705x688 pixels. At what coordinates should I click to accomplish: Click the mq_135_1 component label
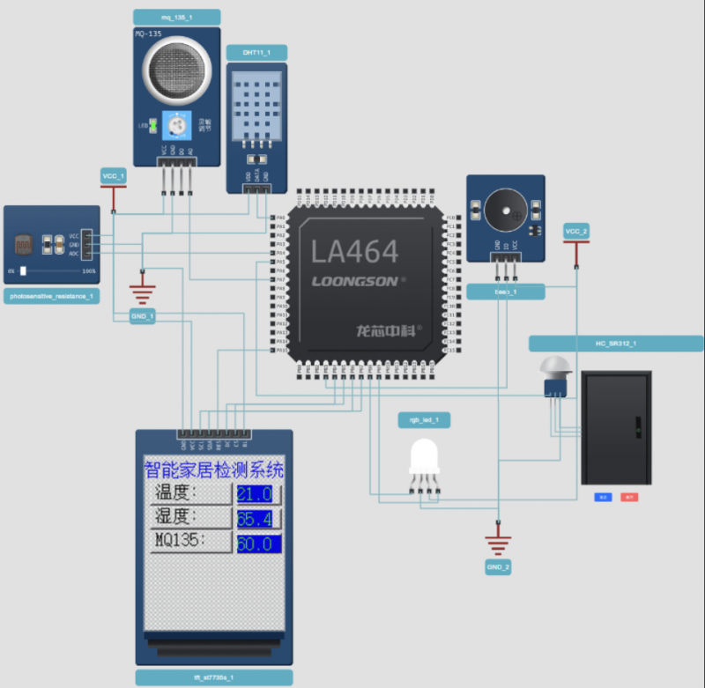[x=177, y=17]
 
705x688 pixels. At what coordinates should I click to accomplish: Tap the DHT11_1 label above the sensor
[x=256, y=53]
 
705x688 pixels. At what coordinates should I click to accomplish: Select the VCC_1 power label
[x=114, y=177]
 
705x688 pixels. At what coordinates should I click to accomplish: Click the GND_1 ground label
[x=142, y=316]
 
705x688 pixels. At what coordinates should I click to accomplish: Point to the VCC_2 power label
[x=576, y=231]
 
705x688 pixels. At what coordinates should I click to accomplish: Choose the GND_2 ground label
[x=498, y=567]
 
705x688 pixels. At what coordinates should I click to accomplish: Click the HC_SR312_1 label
[x=616, y=344]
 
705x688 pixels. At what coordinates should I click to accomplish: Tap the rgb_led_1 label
[x=424, y=420]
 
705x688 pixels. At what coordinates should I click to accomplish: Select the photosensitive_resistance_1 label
[x=52, y=296]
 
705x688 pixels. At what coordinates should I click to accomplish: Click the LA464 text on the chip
[x=354, y=252]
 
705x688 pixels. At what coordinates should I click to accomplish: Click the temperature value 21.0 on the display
[x=257, y=493]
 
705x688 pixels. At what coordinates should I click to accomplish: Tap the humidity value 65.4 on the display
[x=257, y=518]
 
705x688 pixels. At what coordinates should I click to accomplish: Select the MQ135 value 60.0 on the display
[x=257, y=544]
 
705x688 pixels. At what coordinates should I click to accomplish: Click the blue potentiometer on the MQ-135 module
[x=176, y=127]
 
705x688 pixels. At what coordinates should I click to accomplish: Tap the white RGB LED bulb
[x=424, y=457]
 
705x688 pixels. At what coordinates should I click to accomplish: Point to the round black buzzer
[x=504, y=209]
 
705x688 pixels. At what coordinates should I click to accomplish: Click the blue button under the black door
[x=604, y=498]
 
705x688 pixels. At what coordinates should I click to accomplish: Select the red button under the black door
[x=629, y=498]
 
